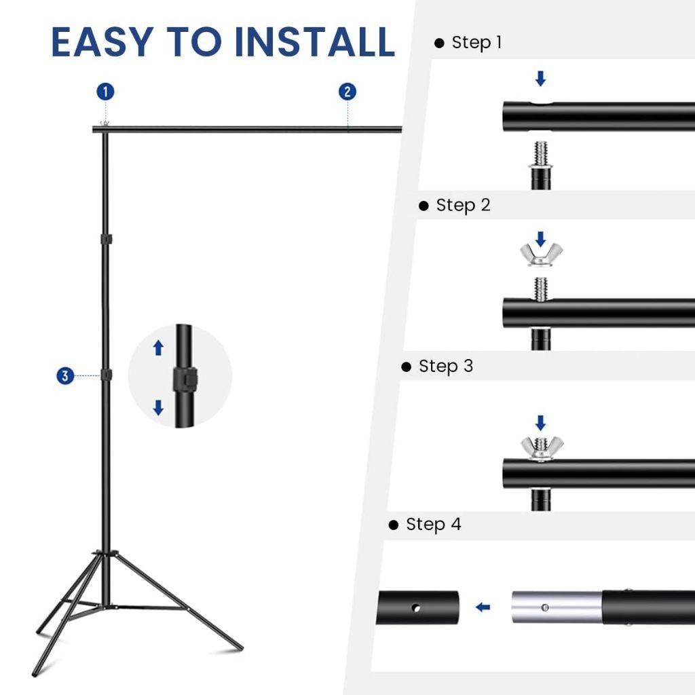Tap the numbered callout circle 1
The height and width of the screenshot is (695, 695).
coord(105,92)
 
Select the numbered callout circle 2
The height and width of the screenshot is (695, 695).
coord(347,92)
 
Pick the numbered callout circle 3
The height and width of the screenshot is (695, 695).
coord(65,375)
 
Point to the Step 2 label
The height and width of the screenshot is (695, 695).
coord(462,205)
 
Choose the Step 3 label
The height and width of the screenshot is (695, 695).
coord(445,367)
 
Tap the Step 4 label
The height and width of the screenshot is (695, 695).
coord(432,525)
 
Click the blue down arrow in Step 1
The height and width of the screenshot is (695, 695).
coord(540,79)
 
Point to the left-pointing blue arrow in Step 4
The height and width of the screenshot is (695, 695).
coord(483,607)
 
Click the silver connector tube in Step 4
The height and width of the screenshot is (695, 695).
coord(556,606)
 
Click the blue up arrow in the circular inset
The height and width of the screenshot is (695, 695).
coord(158,348)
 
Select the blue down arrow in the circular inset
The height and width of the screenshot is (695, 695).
coord(158,407)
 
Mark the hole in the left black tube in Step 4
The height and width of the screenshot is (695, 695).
coord(416,607)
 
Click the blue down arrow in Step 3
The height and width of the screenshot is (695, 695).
coord(540,423)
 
